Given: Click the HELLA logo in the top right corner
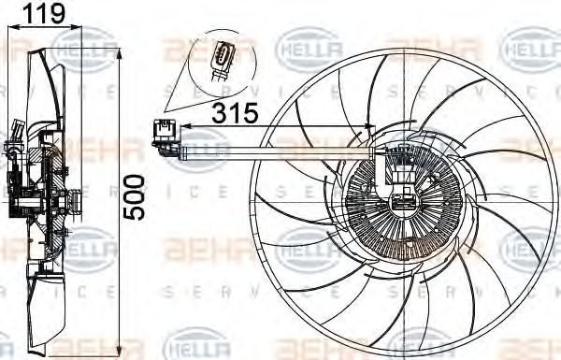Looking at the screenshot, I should [x=531, y=44].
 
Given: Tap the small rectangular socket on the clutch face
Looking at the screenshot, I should [x=403, y=198].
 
